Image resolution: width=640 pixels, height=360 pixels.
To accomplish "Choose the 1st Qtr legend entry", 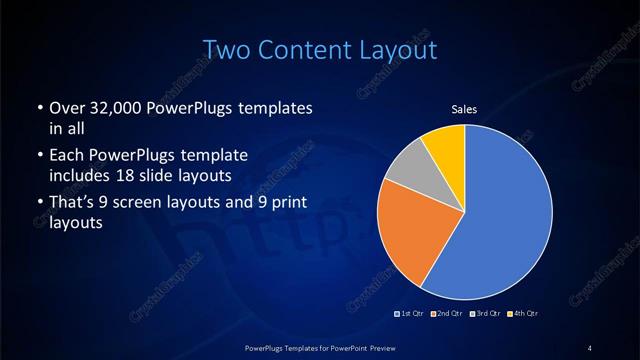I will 411,314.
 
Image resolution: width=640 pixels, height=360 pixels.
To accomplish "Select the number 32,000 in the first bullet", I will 110,107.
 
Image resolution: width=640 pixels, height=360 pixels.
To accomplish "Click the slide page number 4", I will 591,347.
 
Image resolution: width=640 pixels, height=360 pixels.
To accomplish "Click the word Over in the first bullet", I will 66,107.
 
